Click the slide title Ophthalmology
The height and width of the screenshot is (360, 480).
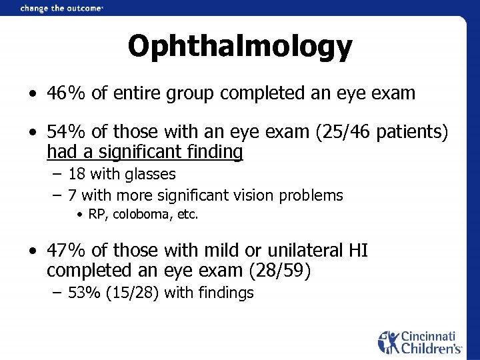[x=239, y=46]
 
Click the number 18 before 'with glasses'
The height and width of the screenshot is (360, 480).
[x=77, y=175]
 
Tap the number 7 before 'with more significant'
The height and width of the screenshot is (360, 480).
[x=73, y=195]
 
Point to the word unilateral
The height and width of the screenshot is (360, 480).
[x=303, y=251]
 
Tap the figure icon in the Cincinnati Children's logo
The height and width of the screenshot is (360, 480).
[x=387, y=341]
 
